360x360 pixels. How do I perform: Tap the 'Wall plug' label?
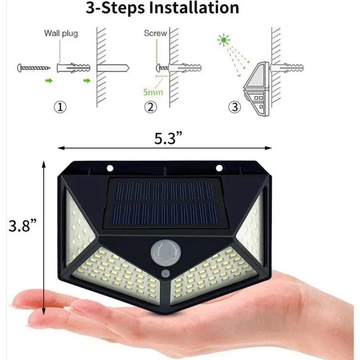61,34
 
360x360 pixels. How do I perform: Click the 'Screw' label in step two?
156,33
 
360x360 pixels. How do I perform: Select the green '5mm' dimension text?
153,92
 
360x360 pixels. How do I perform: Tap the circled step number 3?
235,107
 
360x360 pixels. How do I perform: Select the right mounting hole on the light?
219,168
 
